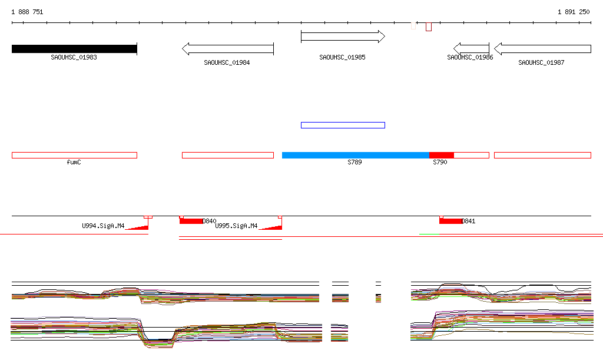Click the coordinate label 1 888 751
(27, 12)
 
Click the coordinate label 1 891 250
(574, 12)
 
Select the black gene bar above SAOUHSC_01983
(74, 49)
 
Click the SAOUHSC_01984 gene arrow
(228, 49)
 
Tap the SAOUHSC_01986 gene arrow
(471, 49)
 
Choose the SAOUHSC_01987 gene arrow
(542, 49)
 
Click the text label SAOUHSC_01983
(74, 57)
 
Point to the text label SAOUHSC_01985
(342, 57)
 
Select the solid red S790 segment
(442, 155)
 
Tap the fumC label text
(74, 162)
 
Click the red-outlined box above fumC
(74, 155)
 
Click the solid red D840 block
(191, 221)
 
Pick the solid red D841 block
(450, 221)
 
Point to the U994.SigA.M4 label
(103, 226)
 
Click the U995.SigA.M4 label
(236, 226)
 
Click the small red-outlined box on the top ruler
(429, 27)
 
